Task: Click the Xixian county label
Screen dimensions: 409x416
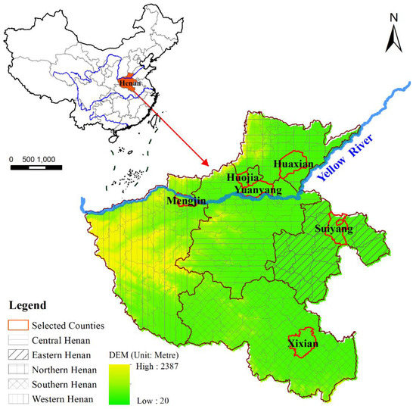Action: pyautogui.click(x=303, y=344)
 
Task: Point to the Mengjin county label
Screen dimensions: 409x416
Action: pyautogui.click(x=186, y=202)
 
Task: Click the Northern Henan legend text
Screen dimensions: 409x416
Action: pyautogui.click(x=67, y=369)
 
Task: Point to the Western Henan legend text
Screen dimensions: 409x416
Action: pyautogui.click(x=65, y=399)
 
